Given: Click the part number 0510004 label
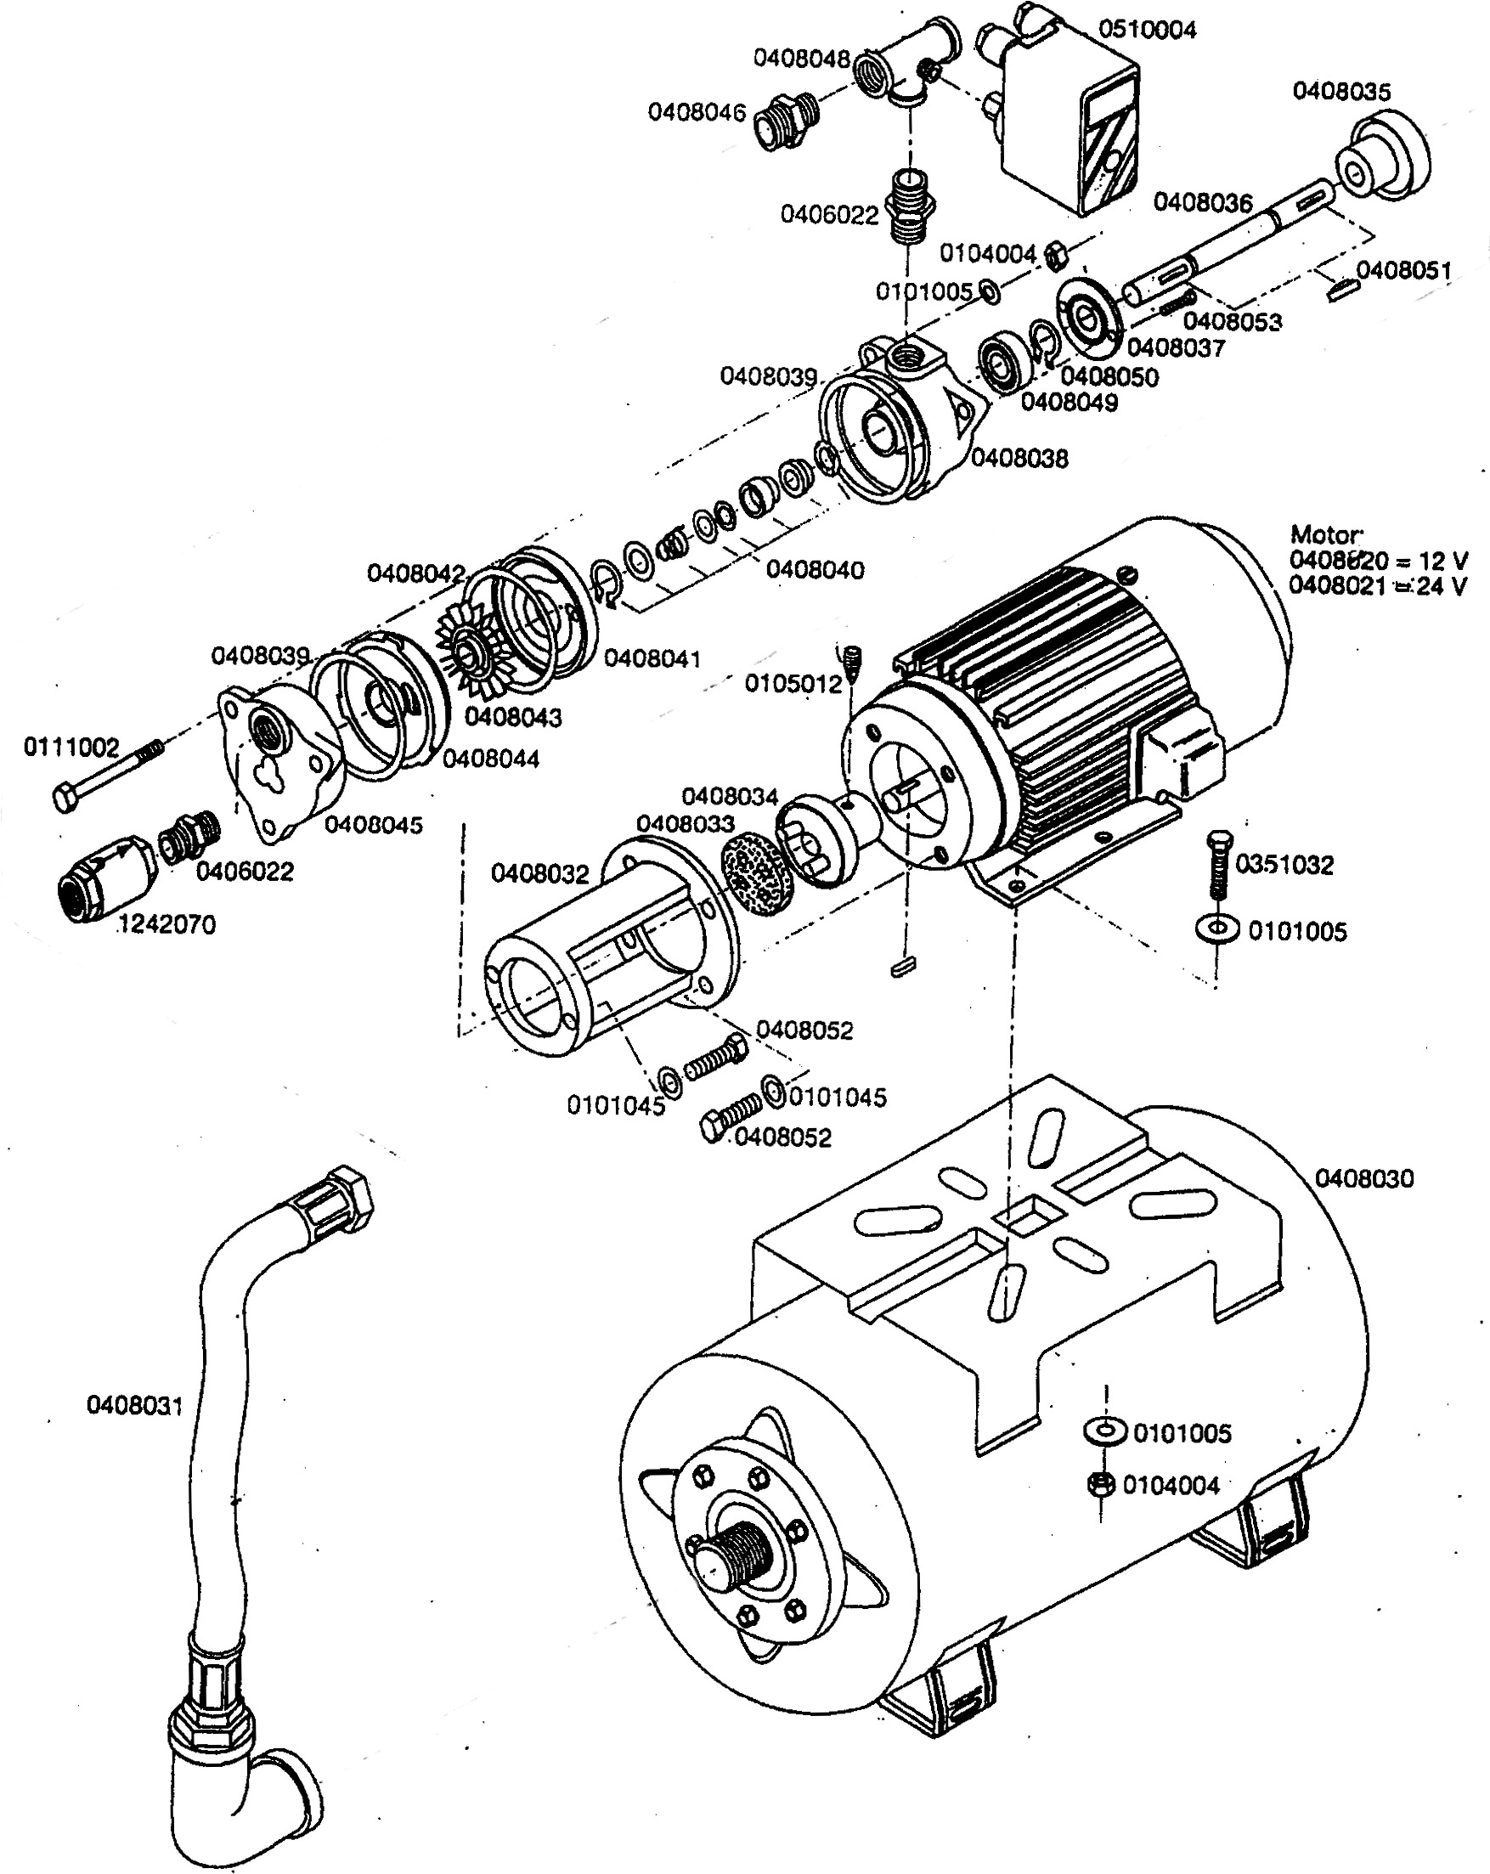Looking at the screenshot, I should tap(1147, 30).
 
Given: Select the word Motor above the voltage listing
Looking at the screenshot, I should tap(1326, 533).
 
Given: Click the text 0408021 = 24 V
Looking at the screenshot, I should tap(1377, 586).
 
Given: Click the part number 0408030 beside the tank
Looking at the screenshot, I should tap(1363, 1178).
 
